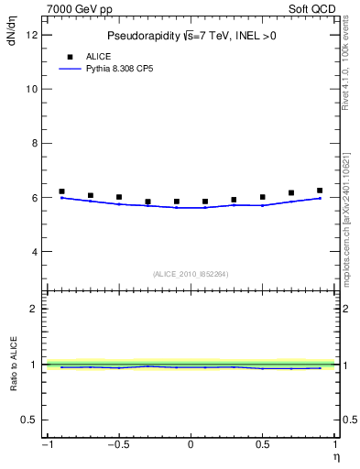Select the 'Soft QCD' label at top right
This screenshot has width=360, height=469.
click(313, 7)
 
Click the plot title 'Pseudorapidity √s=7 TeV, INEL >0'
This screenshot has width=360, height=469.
click(191, 36)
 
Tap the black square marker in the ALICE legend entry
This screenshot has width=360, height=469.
click(69, 57)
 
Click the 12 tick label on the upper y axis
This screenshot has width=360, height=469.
click(31, 35)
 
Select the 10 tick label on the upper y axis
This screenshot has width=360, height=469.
click(31, 89)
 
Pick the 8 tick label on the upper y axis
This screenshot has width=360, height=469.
click(34, 143)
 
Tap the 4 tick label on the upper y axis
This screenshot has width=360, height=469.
click(34, 251)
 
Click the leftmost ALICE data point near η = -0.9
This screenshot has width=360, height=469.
click(61, 191)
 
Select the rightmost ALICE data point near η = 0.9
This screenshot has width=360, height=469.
click(320, 191)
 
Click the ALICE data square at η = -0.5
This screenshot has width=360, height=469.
click(119, 197)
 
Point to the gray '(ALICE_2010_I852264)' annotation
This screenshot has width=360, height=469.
click(191, 273)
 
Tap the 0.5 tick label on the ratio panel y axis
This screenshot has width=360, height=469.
click(29, 420)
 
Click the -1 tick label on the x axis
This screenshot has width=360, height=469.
click(46, 446)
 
